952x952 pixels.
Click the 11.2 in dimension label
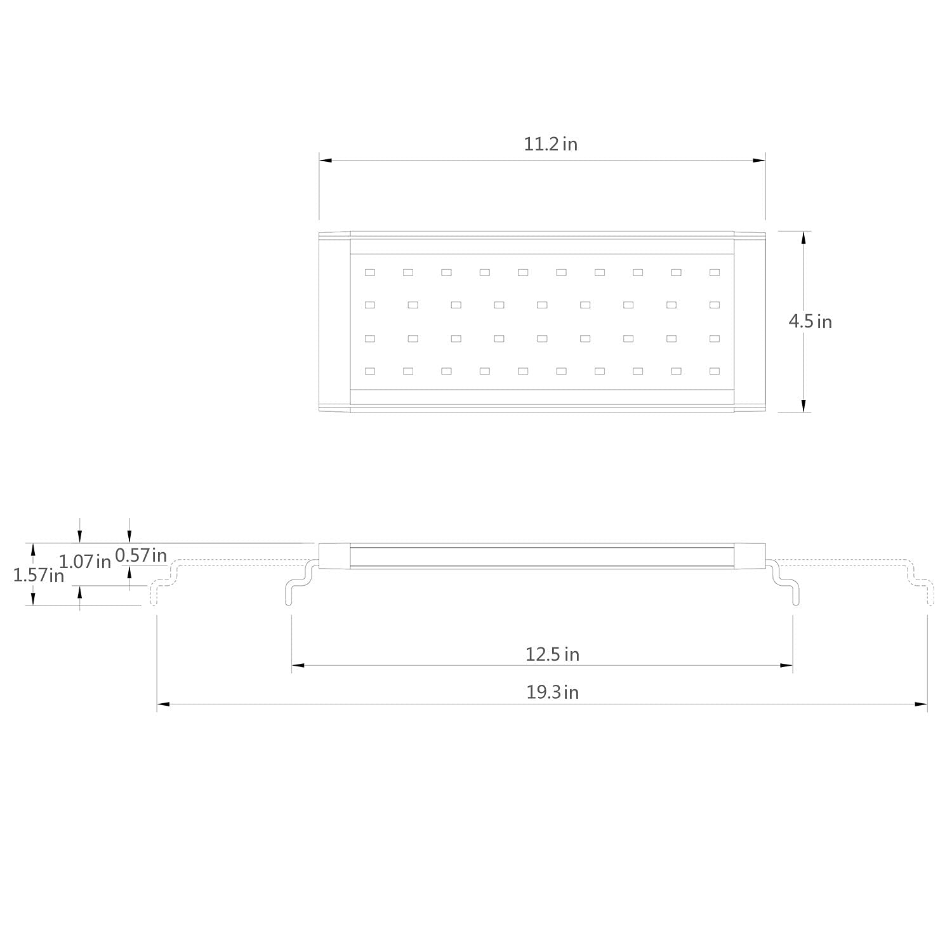550,144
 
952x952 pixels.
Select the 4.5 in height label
810,322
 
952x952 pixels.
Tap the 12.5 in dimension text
552,654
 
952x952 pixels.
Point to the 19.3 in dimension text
552,692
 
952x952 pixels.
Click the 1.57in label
39,576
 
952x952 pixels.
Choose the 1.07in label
84,561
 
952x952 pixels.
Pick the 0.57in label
141,555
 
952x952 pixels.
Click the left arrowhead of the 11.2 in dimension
326,161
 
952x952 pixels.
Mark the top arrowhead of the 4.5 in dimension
803,238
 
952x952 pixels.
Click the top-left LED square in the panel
370,272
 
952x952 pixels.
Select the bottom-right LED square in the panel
715,371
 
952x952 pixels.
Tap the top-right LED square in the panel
715,272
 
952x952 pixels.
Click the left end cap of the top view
334,322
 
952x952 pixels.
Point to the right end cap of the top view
750,322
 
